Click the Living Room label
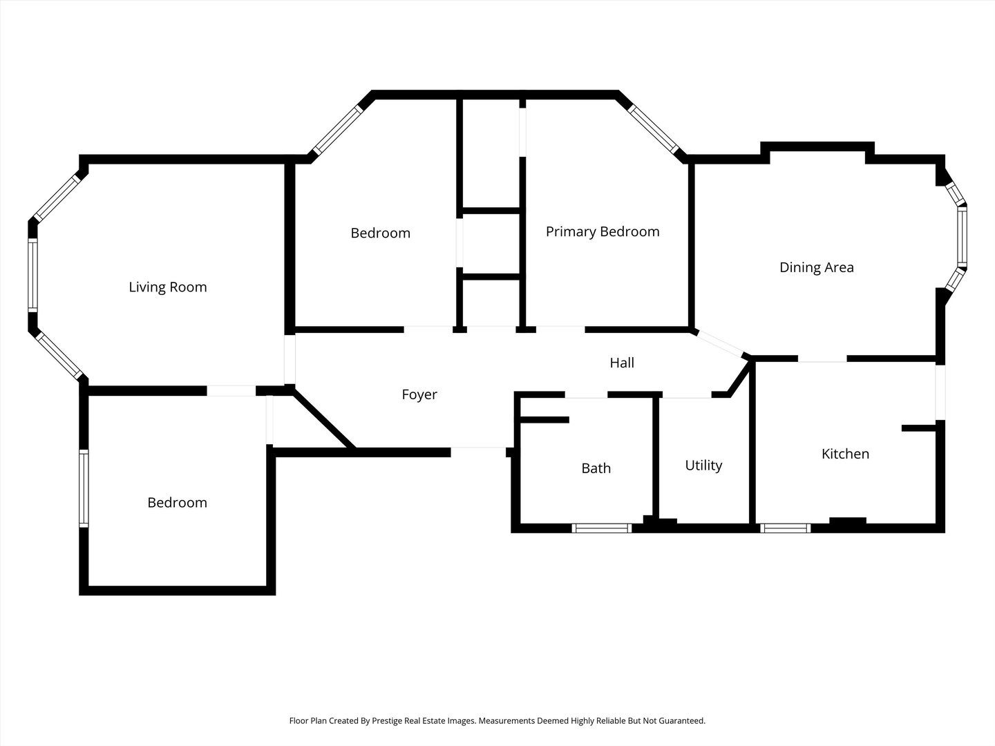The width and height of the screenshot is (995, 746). (168, 287)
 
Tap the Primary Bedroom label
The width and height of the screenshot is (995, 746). (603, 231)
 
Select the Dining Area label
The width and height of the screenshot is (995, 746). (817, 267)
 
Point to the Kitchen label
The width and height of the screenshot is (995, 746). (846, 453)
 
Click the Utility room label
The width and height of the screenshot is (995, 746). (703, 465)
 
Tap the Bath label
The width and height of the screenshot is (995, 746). (596, 468)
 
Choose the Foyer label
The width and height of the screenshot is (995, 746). (419, 394)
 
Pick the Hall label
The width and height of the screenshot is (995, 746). (622, 363)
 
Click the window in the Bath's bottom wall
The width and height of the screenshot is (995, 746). (602, 528)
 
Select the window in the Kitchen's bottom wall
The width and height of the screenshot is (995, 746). (786, 528)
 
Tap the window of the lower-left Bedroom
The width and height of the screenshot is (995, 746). (84, 488)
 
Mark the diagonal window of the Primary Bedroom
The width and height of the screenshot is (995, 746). (653, 130)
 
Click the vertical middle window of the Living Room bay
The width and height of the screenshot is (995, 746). (32, 276)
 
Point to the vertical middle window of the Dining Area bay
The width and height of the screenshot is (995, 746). (962, 236)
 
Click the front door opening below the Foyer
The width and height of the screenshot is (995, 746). (478, 452)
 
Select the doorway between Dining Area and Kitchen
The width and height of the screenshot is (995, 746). (822, 358)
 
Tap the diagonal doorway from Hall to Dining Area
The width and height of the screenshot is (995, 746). (720, 343)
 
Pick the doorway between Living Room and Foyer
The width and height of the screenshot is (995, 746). (290, 360)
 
